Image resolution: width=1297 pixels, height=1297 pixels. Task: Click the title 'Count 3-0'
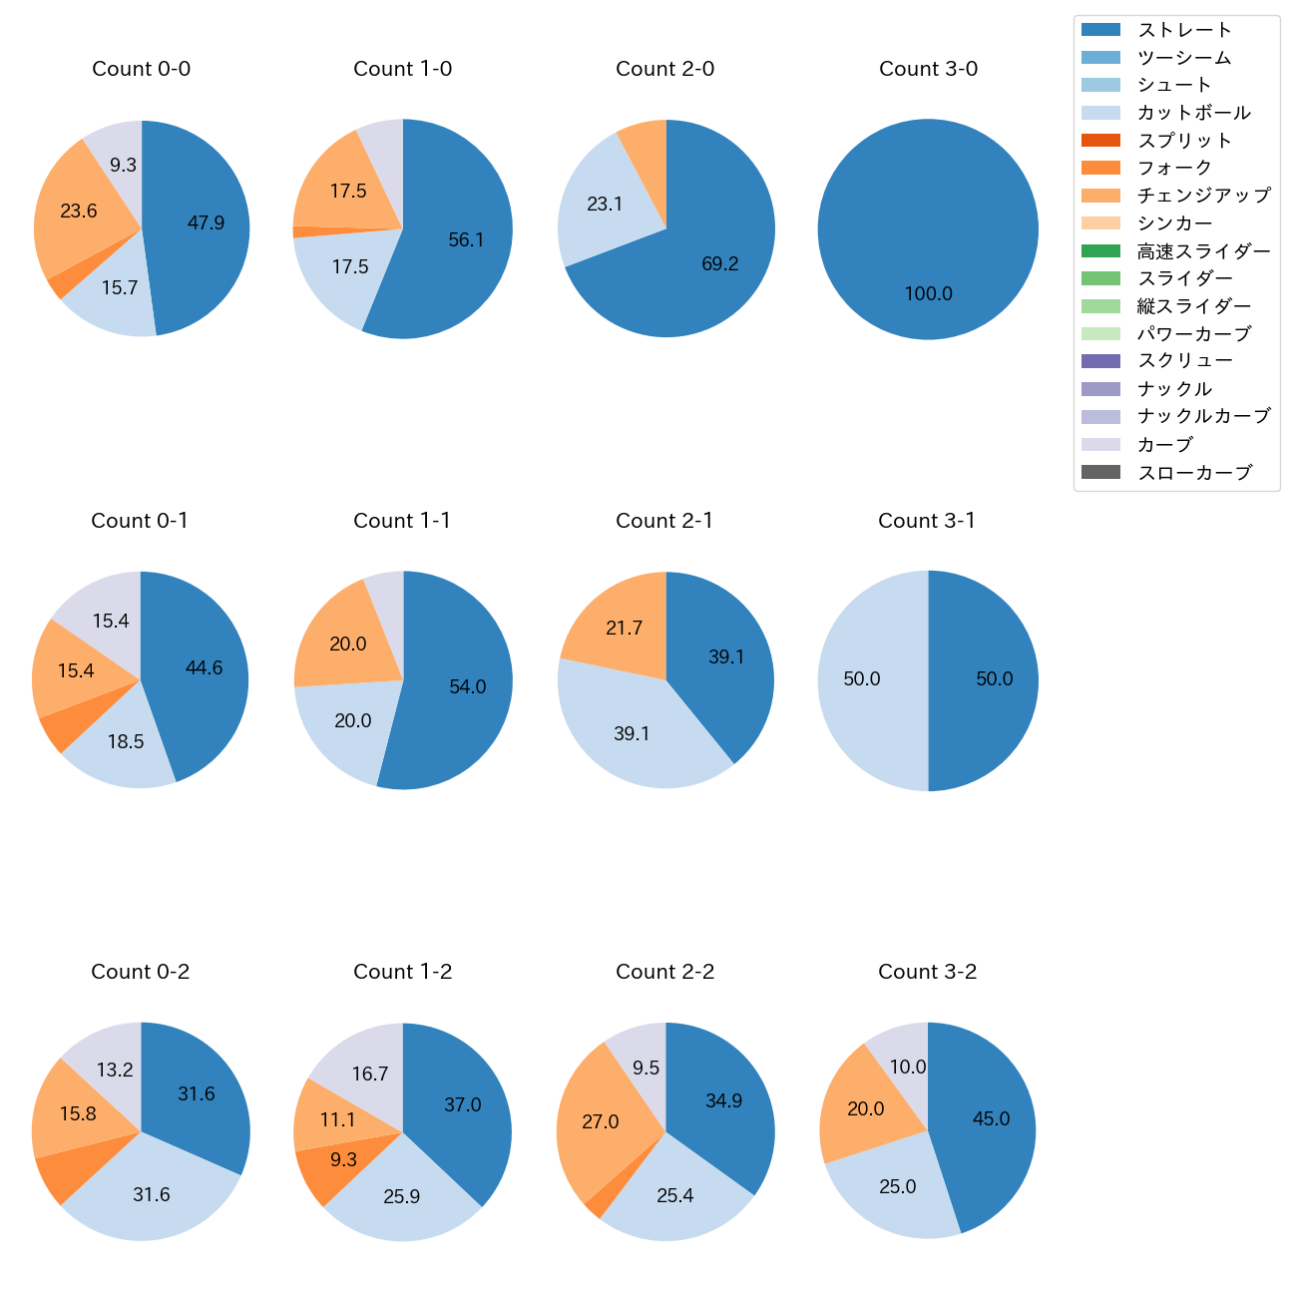pos(928,69)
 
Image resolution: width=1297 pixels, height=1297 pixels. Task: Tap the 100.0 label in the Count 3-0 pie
pos(928,293)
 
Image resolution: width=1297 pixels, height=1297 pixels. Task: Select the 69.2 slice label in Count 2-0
pos(719,264)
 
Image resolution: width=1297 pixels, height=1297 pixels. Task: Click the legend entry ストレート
pos(1184,30)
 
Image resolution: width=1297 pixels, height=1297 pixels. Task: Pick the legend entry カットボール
pos(1193,113)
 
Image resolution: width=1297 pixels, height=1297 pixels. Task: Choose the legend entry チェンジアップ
pos(1203,196)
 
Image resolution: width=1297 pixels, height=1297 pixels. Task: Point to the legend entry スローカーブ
pos(1194,473)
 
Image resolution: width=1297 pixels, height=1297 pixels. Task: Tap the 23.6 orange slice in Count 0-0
pos(79,211)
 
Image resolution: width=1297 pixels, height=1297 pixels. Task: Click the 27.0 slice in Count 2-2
pos(601,1121)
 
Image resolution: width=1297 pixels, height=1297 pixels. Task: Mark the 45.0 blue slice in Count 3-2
pos(991,1118)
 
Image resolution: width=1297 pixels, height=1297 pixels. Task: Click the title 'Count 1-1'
pos(402,521)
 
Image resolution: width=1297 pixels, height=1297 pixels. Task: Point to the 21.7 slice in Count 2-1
pos(624,628)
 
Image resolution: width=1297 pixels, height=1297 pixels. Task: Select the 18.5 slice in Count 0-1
pos(126,741)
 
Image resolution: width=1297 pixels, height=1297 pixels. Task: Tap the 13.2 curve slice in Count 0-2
pos(115,1070)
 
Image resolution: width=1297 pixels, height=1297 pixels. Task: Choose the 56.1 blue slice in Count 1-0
pos(466,239)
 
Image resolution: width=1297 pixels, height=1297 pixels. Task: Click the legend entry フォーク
pos(1174,168)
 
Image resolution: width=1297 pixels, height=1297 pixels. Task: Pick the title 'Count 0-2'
pos(141,972)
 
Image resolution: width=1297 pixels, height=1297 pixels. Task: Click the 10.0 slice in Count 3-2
pos(907,1067)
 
